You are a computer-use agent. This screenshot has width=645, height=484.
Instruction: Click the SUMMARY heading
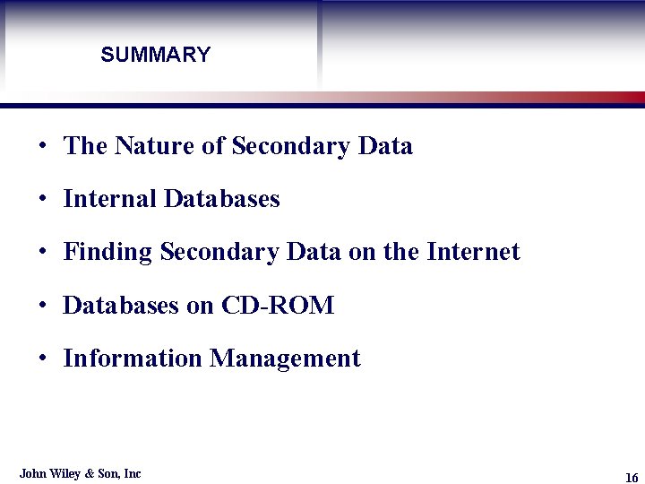155,55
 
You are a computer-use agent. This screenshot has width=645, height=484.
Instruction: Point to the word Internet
473,252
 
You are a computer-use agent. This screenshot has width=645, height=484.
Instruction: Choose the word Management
285,359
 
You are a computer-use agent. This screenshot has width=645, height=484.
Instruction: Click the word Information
133,359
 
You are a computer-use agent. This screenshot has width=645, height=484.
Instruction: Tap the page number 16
632,477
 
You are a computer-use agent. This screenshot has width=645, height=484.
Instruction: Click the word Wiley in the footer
64,473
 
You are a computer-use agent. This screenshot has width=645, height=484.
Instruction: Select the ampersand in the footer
89,473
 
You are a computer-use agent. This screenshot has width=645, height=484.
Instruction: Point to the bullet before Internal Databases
42,200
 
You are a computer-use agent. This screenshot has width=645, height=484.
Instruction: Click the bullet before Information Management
42,359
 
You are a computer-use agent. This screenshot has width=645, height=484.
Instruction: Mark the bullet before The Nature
42,147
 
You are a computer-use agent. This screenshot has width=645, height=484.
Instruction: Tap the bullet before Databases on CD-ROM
42,307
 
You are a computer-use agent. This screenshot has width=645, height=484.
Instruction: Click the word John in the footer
32,473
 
